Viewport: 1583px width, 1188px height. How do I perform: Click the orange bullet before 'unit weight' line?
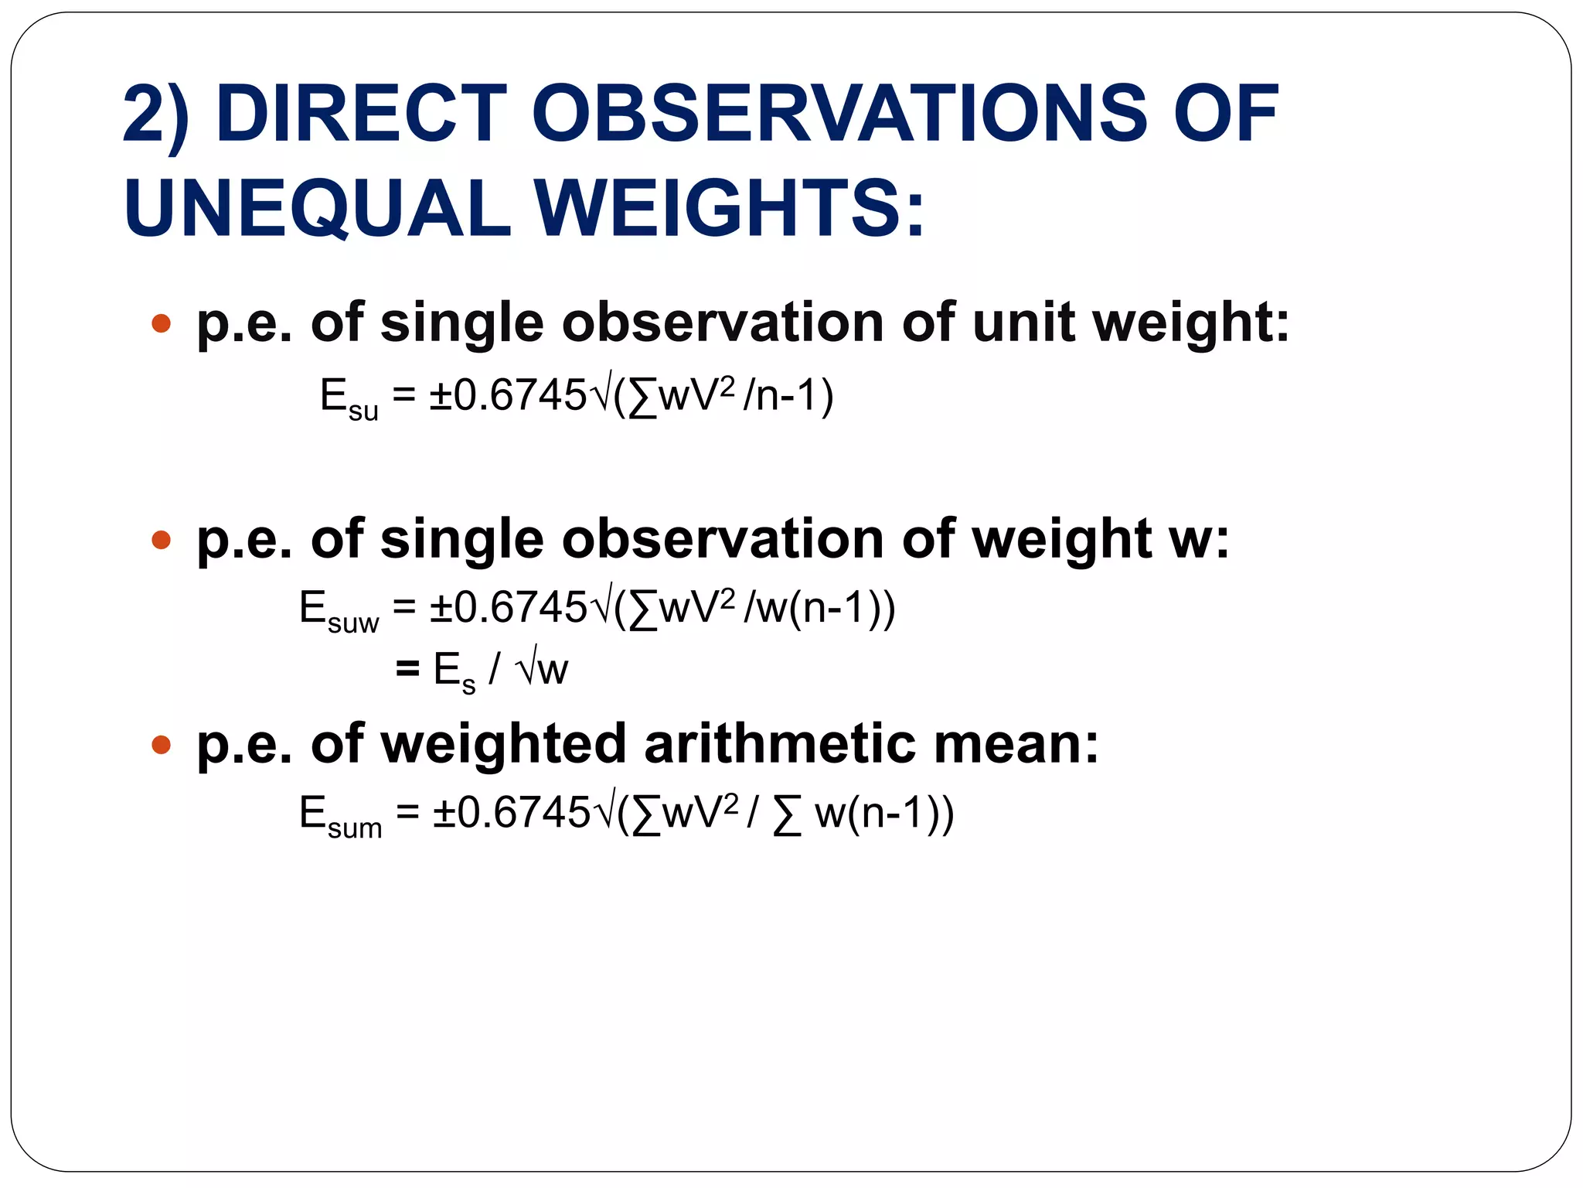161,323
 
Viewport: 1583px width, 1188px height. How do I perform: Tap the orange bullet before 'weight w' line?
161,539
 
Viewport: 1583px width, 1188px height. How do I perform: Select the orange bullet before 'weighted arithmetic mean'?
161,745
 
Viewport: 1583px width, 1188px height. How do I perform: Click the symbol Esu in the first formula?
349,399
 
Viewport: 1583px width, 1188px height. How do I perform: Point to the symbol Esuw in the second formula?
339,611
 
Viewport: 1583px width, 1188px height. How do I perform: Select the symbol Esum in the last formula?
340,817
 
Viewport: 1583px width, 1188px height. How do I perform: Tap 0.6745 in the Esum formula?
523,813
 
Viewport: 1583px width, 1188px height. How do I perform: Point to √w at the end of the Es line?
543,670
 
